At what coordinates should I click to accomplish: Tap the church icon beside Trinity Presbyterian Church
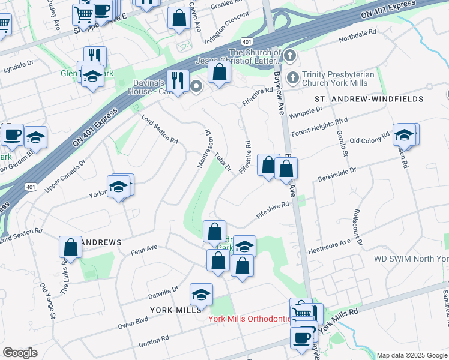click(x=293, y=77)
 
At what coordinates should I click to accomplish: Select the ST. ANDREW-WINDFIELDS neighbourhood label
click(x=369, y=98)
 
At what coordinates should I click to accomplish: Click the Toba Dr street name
click(x=223, y=160)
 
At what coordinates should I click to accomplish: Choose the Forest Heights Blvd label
click(x=319, y=127)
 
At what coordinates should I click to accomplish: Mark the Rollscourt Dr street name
click(x=358, y=227)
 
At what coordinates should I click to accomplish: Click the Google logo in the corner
click(x=20, y=353)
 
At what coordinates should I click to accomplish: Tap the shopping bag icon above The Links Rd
click(x=70, y=247)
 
